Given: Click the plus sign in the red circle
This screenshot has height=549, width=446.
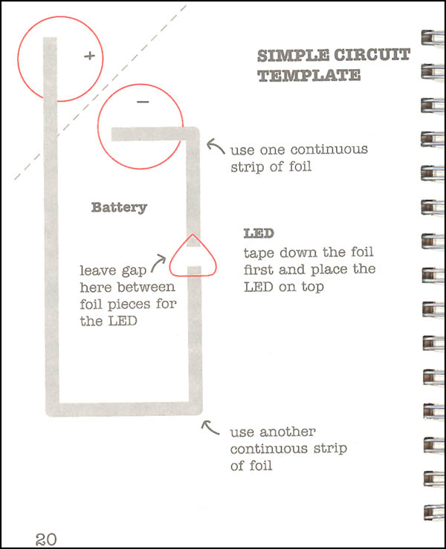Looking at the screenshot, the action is pyautogui.click(x=90, y=56).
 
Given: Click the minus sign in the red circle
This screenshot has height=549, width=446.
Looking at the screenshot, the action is pyautogui.click(x=143, y=102).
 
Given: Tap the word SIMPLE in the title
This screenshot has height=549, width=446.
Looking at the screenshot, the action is pyautogui.click(x=294, y=55).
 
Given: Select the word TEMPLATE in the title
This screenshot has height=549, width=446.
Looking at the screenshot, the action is pyautogui.click(x=309, y=76).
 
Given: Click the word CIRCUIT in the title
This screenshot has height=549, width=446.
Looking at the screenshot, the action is pyautogui.click(x=372, y=55).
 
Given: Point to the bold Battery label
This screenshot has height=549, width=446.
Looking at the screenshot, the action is pyautogui.click(x=119, y=207).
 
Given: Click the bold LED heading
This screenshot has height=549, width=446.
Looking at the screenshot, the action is pyautogui.click(x=259, y=233).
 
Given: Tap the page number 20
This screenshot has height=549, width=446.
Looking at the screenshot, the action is pyautogui.click(x=46, y=539).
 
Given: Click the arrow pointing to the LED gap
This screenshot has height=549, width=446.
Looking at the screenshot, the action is pyautogui.click(x=158, y=262).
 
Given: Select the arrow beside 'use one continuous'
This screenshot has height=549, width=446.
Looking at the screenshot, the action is pyautogui.click(x=215, y=146).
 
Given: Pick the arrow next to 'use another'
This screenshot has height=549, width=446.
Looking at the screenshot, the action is pyautogui.click(x=210, y=427).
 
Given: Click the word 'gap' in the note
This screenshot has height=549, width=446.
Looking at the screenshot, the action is pyautogui.click(x=134, y=271).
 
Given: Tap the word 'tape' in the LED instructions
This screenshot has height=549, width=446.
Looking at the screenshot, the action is pyautogui.click(x=259, y=253).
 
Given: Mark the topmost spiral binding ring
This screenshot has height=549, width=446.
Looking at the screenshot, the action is pyautogui.click(x=433, y=37).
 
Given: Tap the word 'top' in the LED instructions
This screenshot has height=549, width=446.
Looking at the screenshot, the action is pyautogui.click(x=313, y=288).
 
